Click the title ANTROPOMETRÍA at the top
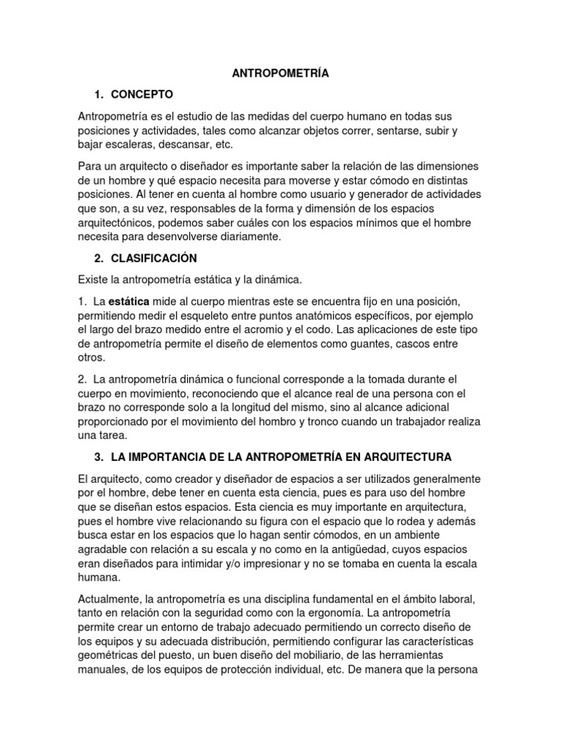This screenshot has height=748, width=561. pyautogui.click(x=280, y=73)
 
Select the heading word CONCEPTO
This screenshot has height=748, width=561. pyautogui.click(x=142, y=94)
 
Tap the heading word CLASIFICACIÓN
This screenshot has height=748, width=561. pyautogui.click(x=153, y=258)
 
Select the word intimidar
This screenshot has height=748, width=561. pyautogui.click(x=208, y=562)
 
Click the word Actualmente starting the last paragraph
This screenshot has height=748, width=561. pyautogui.click(x=111, y=598)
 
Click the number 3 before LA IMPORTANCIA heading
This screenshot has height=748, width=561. pyautogui.click(x=99, y=457)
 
